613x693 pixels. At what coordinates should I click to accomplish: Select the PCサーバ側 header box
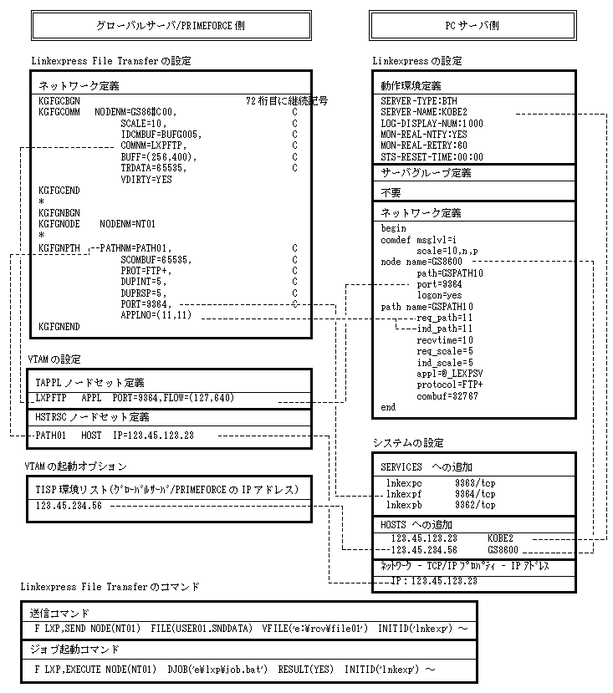click(x=473, y=26)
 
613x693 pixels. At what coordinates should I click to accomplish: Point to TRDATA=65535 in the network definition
click(x=158, y=168)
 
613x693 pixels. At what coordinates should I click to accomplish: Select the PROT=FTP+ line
click(x=146, y=271)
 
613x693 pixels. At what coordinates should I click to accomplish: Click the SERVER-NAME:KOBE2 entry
click(x=424, y=112)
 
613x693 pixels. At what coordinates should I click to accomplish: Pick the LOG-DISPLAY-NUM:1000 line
click(x=432, y=123)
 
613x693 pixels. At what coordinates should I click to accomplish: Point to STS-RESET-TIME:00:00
click(x=432, y=156)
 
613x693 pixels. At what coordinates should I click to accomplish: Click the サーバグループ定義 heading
click(x=427, y=174)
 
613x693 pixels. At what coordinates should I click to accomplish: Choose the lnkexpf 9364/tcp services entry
click(x=440, y=494)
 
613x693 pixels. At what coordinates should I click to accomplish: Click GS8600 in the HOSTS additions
click(x=503, y=550)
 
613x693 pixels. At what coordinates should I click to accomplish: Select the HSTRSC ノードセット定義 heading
click(x=92, y=417)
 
